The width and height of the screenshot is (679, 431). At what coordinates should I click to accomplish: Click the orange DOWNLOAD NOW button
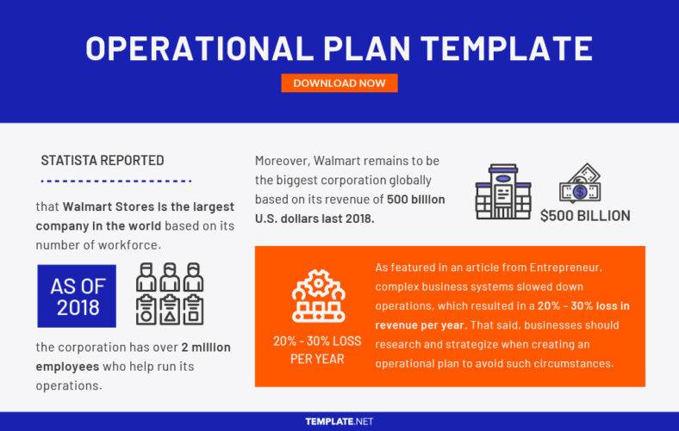(x=339, y=83)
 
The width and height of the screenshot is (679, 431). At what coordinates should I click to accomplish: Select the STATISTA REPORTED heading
(x=103, y=161)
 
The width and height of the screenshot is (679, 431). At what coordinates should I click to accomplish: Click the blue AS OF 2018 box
(x=76, y=296)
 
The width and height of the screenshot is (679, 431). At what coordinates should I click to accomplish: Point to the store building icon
(x=502, y=192)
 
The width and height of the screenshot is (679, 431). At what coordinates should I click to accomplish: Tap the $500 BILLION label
(x=585, y=216)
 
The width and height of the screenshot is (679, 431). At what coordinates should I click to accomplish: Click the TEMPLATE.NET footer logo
(x=339, y=422)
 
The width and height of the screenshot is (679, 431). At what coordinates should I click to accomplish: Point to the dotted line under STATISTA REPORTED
(x=115, y=182)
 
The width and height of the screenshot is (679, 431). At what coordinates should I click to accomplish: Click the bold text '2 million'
(x=205, y=347)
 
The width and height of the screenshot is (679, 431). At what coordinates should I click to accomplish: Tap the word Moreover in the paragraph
(x=281, y=162)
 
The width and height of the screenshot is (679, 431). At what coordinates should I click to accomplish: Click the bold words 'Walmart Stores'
(x=104, y=207)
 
